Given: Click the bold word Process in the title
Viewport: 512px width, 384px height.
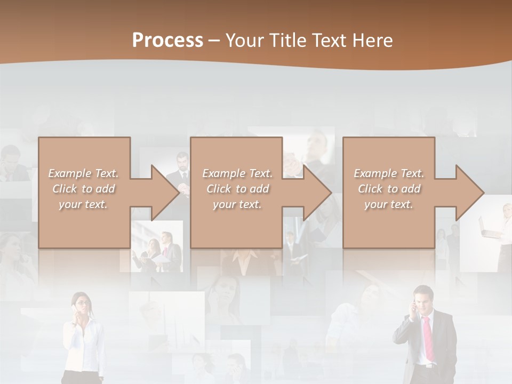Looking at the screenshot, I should click(167, 41).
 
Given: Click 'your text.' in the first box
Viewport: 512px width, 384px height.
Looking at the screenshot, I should click(83, 205).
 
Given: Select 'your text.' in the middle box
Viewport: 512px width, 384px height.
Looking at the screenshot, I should click(237, 205).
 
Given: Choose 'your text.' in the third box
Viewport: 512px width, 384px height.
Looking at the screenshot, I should click(389, 205).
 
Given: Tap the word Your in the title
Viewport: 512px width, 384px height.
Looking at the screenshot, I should click(244, 41).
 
